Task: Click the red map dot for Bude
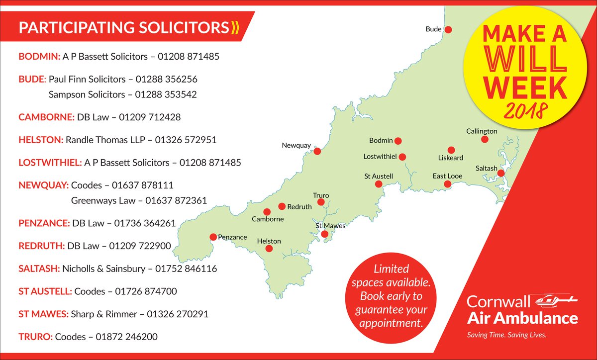pos(448,30)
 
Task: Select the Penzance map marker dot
pos(213,237)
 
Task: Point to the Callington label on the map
pos(482,131)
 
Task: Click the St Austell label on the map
pos(379,177)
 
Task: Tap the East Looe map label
pos(447,177)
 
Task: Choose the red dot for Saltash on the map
pos(501,173)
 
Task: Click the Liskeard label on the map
pos(450,158)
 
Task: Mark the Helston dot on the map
pos(269,248)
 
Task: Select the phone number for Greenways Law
pos(176,200)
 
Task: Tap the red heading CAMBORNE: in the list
pos(46,117)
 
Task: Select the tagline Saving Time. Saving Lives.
pos(506,335)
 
